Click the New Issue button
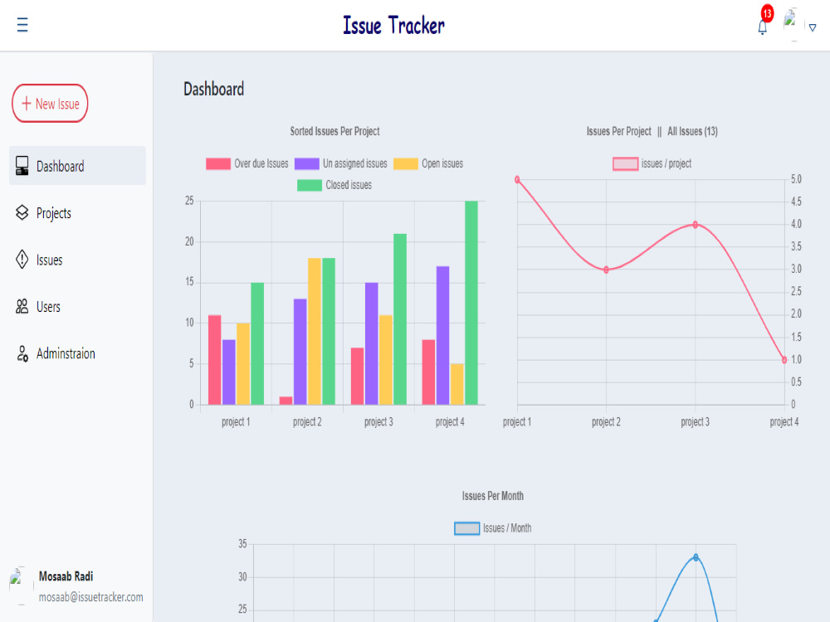(50, 103)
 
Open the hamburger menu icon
(22, 24)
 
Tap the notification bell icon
(762, 27)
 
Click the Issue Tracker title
(393, 26)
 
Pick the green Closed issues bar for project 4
(471, 303)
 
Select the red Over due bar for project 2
(286, 401)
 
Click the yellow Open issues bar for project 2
(315, 332)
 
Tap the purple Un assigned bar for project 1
(229, 372)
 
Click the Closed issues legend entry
(334, 185)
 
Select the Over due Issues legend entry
(247, 164)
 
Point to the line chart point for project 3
(696, 225)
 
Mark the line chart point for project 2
(607, 270)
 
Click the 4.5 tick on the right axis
(796, 202)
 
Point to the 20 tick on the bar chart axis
(189, 241)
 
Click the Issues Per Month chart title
(493, 496)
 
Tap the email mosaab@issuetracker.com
(91, 597)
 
